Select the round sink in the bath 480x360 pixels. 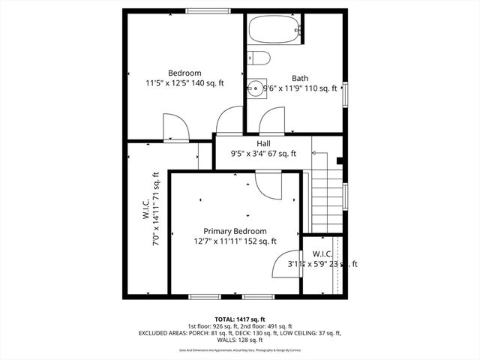tap(255, 89)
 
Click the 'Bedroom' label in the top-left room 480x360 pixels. tap(184, 73)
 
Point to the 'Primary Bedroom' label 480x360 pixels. tap(235, 231)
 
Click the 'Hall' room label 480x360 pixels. tap(263, 143)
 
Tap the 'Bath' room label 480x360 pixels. tap(300, 78)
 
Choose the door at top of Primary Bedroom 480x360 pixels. tap(268, 183)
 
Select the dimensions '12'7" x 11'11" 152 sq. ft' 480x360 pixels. tap(235, 241)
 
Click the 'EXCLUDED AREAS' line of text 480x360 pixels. tap(239, 333)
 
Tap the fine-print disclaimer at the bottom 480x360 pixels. tap(239, 350)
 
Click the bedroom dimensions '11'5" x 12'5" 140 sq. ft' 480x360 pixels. tap(184, 83)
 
